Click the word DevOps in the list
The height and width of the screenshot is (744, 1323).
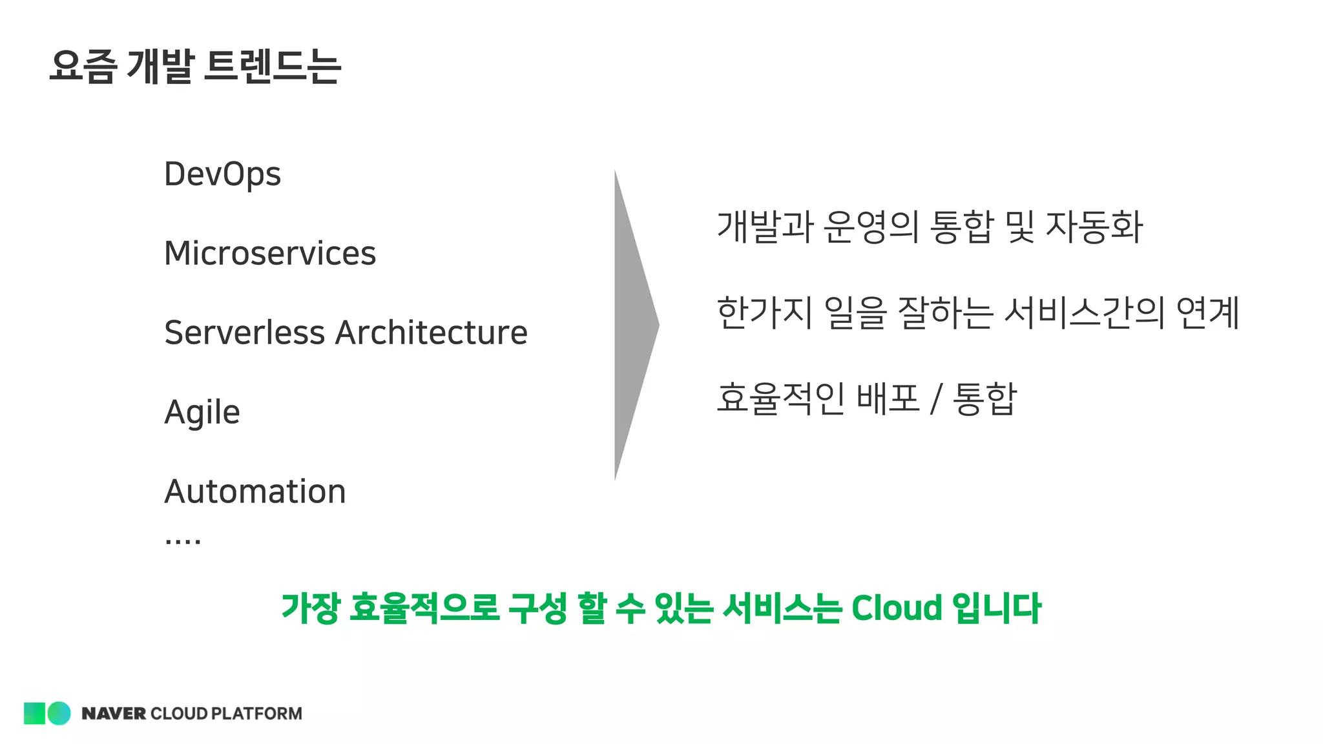tap(222, 174)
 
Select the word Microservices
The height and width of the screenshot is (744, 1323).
tap(270, 253)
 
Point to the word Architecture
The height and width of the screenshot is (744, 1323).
tap(432, 333)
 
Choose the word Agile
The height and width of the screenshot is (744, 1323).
tap(202, 413)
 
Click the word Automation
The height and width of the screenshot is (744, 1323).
tap(255, 491)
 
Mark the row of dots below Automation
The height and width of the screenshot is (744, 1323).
tap(183, 541)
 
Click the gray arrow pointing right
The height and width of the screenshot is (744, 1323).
tap(634, 325)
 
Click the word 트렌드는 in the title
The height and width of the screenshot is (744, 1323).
tap(272, 66)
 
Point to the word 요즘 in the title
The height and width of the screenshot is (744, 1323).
tap(83, 66)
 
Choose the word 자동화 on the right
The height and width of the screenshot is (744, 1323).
tap(1094, 227)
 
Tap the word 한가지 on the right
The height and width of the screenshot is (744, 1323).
tap(765, 313)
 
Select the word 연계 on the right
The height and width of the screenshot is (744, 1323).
tap(1207, 313)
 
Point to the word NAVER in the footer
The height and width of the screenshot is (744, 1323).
tap(114, 714)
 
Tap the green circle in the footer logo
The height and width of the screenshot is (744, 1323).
tap(59, 713)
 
